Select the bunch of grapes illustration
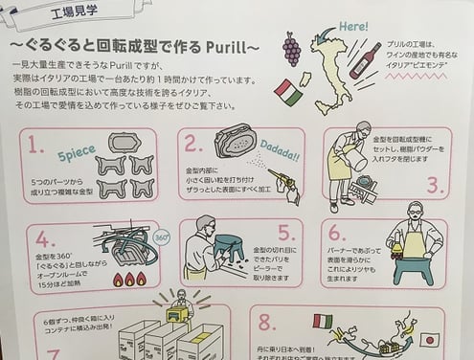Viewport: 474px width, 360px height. click(292, 48)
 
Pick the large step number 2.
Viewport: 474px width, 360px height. click(195, 145)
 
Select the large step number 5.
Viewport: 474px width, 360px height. click(284, 233)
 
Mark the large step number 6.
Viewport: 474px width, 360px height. click(336, 233)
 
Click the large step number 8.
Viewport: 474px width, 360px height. click(262, 322)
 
